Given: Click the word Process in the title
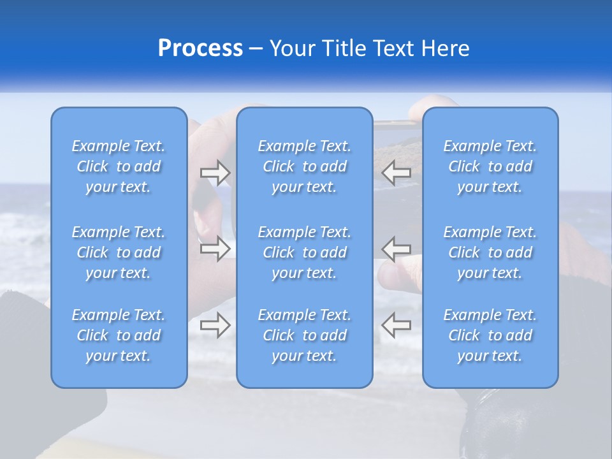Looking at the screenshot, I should pyautogui.click(x=200, y=48).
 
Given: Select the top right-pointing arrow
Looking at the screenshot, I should pyautogui.click(x=215, y=172).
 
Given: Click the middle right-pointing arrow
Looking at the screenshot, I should pyautogui.click(x=215, y=249).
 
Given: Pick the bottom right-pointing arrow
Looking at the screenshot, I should pyautogui.click(x=215, y=325).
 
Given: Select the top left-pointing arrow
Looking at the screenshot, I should pyautogui.click(x=396, y=172).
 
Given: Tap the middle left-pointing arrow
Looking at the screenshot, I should pyautogui.click(x=396, y=249).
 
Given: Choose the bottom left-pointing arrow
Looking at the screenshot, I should pyautogui.click(x=396, y=325).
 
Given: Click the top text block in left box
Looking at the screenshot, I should pyautogui.click(x=119, y=166).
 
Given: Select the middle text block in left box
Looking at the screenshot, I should pyautogui.click(x=119, y=252).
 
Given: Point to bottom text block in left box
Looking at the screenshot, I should pyautogui.click(x=119, y=335).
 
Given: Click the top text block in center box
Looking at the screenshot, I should pyautogui.click(x=305, y=166).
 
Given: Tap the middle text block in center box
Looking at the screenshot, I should pyautogui.click(x=305, y=252).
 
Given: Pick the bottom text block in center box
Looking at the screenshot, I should pyautogui.click(x=305, y=335).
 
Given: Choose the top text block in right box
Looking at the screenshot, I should pyautogui.click(x=490, y=166).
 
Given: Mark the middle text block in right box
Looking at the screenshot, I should pyautogui.click(x=490, y=252).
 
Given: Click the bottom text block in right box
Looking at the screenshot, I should pyautogui.click(x=490, y=335).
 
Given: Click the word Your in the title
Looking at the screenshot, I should pyautogui.click(x=291, y=48).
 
